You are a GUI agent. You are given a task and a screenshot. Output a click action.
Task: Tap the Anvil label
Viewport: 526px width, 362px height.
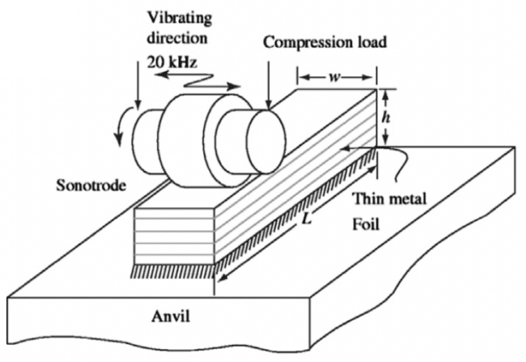183,317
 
